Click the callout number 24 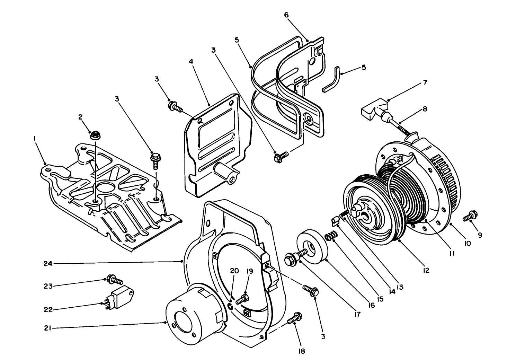tap(48, 264)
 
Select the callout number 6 tap(286, 15)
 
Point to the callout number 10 tap(468, 244)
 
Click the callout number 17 tap(357, 315)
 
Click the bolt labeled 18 tap(294, 318)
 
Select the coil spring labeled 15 tap(331, 238)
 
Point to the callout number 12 tap(426, 270)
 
